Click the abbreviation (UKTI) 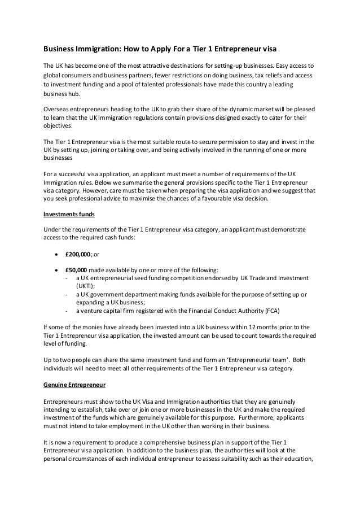click(86, 286)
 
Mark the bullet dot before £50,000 click(56, 269)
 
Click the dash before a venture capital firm click(67, 311)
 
